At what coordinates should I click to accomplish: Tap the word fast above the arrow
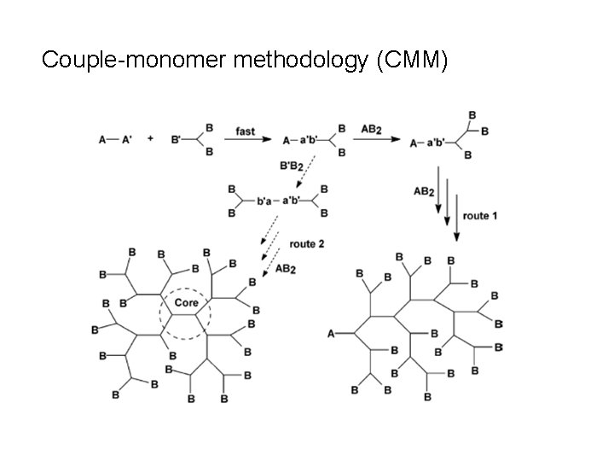tap(247, 130)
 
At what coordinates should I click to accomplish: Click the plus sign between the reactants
tap(151, 138)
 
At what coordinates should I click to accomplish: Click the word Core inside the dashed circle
tap(186, 303)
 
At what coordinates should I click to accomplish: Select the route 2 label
tap(306, 245)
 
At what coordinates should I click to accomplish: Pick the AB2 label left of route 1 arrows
tap(425, 192)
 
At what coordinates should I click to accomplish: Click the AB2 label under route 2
tap(287, 269)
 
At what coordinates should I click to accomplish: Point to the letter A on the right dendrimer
tap(331, 334)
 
